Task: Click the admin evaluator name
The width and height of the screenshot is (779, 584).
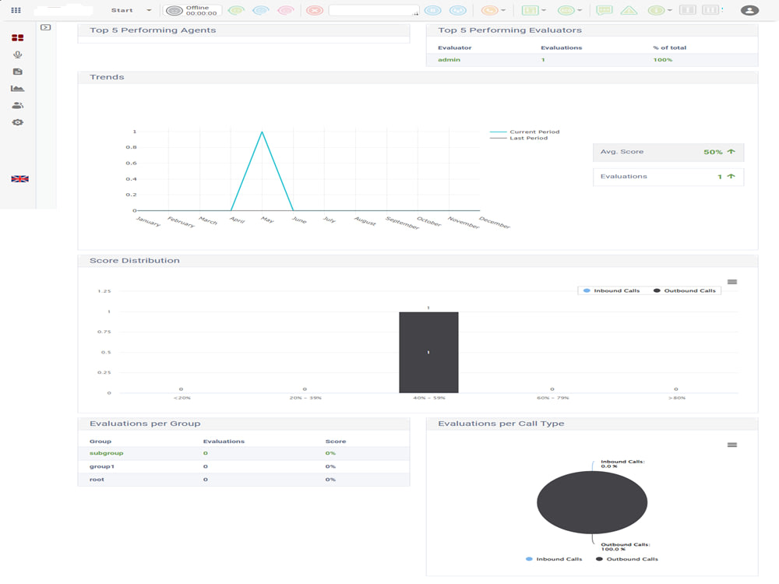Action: pyautogui.click(x=449, y=60)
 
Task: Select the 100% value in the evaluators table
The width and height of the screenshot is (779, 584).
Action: pyautogui.click(x=663, y=60)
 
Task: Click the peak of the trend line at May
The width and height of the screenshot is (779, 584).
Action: pyautogui.click(x=262, y=132)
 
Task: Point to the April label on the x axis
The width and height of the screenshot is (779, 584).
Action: pyautogui.click(x=238, y=220)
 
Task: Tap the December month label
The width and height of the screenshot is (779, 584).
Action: pyautogui.click(x=495, y=222)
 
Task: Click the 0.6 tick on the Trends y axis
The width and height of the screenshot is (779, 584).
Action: pyautogui.click(x=131, y=163)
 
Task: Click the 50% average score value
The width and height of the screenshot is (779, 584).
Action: pyautogui.click(x=713, y=152)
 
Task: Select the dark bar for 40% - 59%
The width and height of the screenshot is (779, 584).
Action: pyautogui.click(x=428, y=352)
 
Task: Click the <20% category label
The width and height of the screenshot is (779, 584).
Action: pyautogui.click(x=182, y=398)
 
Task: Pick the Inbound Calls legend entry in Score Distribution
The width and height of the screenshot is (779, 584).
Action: pyautogui.click(x=612, y=290)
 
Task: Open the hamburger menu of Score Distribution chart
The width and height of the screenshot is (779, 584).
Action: pyautogui.click(x=732, y=282)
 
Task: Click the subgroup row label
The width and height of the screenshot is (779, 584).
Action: pyautogui.click(x=106, y=453)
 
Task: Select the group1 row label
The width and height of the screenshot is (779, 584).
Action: pyautogui.click(x=102, y=466)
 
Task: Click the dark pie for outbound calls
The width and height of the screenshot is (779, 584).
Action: pyautogui.click(x=592, y=502)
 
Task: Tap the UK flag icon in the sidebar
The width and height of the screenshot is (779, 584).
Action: pyautogui.click(x=20, y=179)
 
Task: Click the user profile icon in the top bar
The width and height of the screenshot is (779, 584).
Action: pyautogui.click(x=749, y=10)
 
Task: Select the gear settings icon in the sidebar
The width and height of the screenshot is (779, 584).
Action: pyautogui.click(x=18, y=122)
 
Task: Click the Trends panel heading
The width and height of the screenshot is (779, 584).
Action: pyautogui.click(x=107, y=77)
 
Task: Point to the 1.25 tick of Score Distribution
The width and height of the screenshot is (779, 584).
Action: pyautogui.click(x=104, y=291)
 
